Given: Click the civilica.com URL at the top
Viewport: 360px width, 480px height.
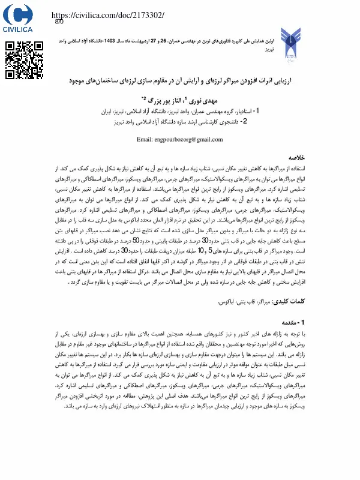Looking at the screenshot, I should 109,14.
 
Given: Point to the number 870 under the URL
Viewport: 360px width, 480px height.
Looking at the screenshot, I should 59,22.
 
